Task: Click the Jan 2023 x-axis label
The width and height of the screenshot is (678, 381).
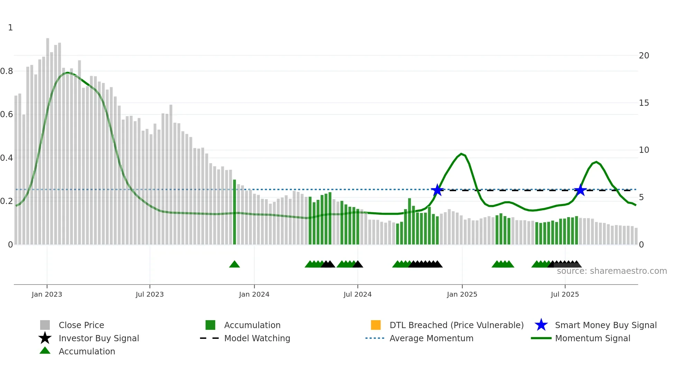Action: [x=47, y=294]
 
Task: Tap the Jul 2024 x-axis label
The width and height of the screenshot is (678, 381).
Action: [x=357, y=294]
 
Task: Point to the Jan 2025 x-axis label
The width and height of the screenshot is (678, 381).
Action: [x=462, y=294]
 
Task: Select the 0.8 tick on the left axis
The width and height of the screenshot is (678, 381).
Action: [x=7, y=71]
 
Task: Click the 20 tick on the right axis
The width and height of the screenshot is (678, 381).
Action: [x=644, y=56]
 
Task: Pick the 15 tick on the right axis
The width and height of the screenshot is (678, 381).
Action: [x=644, y=103]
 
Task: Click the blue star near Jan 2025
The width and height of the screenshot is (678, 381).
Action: [x=437, y=190]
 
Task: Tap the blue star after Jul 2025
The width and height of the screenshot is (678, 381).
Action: [x=580, y=190]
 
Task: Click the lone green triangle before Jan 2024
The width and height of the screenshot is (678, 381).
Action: [x=235, y=264]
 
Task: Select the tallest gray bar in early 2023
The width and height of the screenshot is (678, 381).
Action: [x=48, y=138]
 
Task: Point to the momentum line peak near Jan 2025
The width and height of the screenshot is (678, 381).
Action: [x=461, y=154]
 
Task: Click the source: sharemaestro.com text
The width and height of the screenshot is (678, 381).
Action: [x=612, y=271]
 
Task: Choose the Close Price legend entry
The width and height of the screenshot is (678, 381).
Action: [x=81, y=325]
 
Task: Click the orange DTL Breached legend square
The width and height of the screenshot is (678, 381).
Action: [x=376, y=325]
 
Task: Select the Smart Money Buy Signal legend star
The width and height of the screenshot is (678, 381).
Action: [x=541, y=325]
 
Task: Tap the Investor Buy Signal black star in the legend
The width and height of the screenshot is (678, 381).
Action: [x=45, y=338]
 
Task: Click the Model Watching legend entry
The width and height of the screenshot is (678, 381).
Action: [x=257, y=338]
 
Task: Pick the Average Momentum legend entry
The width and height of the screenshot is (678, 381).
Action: [x=431, y=338]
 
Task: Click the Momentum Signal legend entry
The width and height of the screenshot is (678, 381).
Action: [x=592, y=338]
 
